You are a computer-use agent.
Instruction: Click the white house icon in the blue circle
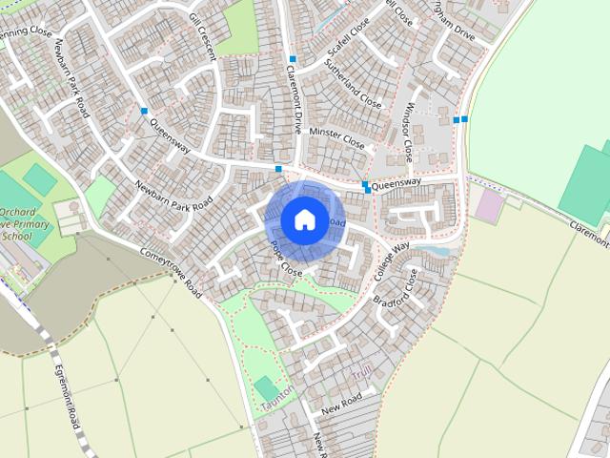pyautogui.click(x=304, y=220)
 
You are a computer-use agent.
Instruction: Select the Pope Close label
pyautogui.click(x=285, y=259)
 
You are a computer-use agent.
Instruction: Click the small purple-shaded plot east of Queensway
pyautogui.click(x=489, y=205)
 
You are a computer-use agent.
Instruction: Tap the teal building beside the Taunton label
pyautogui.click(x=266, y=387)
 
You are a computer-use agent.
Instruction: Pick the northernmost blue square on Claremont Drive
pyautogui.click(x=293, y=60)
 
